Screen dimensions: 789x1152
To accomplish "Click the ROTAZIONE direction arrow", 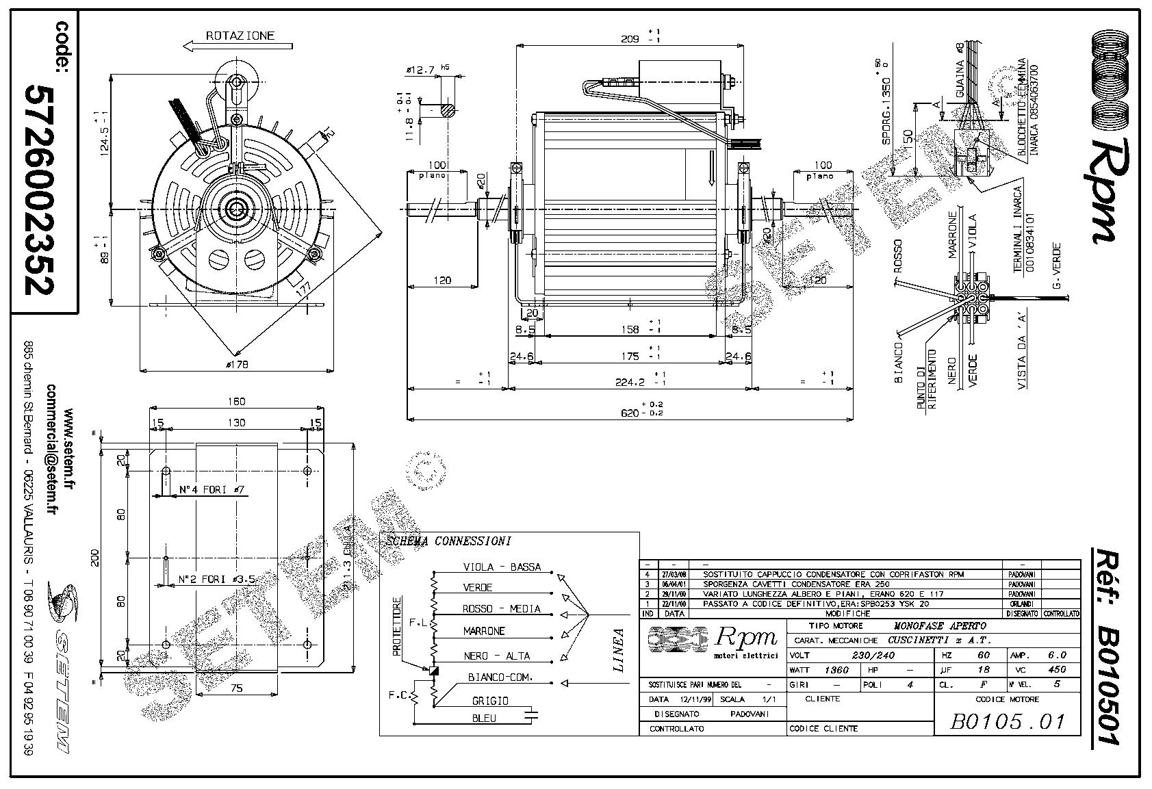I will coord(238,46).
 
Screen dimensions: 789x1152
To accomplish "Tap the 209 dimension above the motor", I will coord(630,39).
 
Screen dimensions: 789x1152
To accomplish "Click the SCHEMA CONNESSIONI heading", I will coord(449,541).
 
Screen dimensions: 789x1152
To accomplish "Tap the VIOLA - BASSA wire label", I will coord(502,567).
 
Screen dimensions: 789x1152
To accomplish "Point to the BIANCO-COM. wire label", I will coord(500,677).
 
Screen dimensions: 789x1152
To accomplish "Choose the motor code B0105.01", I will coord(1007,721).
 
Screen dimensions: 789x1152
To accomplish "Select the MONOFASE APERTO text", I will coord(940,626).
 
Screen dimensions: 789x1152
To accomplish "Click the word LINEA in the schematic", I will coord(619,650).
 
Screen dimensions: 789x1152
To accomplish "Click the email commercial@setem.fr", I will coord(51,450).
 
